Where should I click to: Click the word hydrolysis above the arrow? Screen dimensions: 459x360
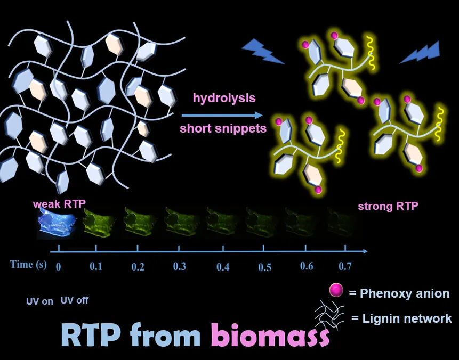(224, 99)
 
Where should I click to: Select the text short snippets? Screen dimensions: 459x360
(223, 129)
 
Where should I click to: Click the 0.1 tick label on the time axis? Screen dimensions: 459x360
(96, 266)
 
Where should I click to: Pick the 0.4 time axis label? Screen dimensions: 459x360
(223, 266)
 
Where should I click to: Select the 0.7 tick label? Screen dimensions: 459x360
(345, 265)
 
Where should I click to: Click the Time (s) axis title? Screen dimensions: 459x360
(28, 265)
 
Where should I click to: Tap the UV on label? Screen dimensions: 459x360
(40, 301)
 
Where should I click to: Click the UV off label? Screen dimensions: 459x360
(75, 300)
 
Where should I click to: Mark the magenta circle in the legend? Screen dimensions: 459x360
(336, 290)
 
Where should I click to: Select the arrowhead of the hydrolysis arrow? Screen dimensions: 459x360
(259, 115)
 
